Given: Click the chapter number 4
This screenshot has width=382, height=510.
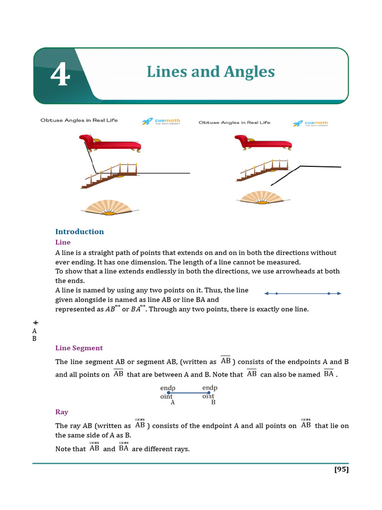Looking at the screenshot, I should (60, 76).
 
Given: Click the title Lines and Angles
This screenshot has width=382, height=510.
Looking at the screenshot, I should (210, 72).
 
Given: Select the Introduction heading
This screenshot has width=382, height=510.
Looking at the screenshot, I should (80, 232).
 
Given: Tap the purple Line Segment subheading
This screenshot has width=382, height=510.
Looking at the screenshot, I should (79, 348).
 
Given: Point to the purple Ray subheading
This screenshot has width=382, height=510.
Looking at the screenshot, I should (62, 412).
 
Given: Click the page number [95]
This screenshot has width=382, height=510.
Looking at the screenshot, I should (341, 469).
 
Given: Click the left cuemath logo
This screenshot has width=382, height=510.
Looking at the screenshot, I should (161, 121).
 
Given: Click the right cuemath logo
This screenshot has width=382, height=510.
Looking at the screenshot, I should (310, 123).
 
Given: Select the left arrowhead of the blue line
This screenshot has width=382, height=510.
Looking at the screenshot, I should (266, 294).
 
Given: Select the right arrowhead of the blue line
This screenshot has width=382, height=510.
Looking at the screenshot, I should (339, 294).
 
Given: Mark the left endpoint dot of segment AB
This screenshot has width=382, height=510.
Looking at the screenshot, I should (169, 393).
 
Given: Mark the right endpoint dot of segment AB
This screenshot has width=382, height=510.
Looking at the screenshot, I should (208, 393).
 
